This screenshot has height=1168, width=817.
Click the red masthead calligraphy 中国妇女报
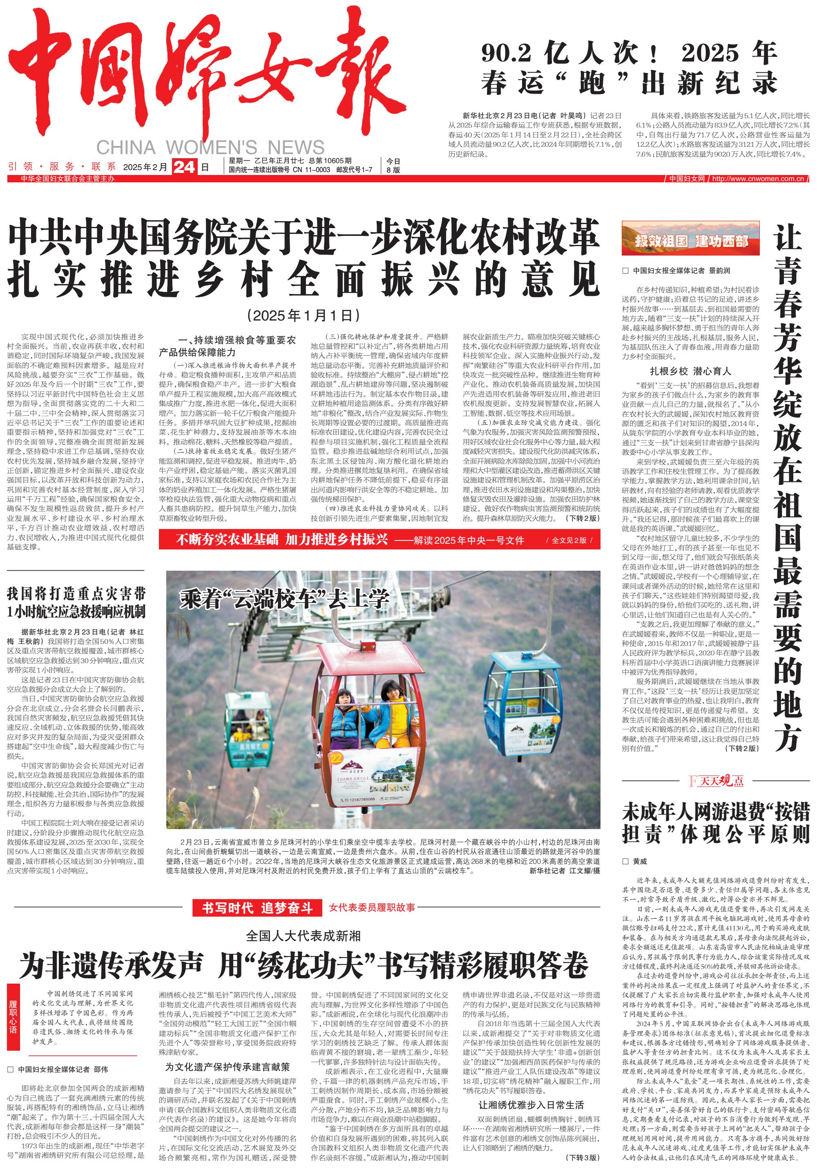pos(203,76)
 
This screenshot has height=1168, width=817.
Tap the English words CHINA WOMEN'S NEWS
pos(210,148)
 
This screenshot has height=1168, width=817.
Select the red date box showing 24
pos(184,167)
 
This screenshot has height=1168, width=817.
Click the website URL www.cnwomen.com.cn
pos(757,179)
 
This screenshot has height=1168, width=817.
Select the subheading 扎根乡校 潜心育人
pos(690,371)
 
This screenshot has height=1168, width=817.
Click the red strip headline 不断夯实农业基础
pos(281,540)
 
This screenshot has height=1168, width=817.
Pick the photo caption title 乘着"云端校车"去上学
pos(284,599)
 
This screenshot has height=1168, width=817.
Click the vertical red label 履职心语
pos(13,1018)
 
